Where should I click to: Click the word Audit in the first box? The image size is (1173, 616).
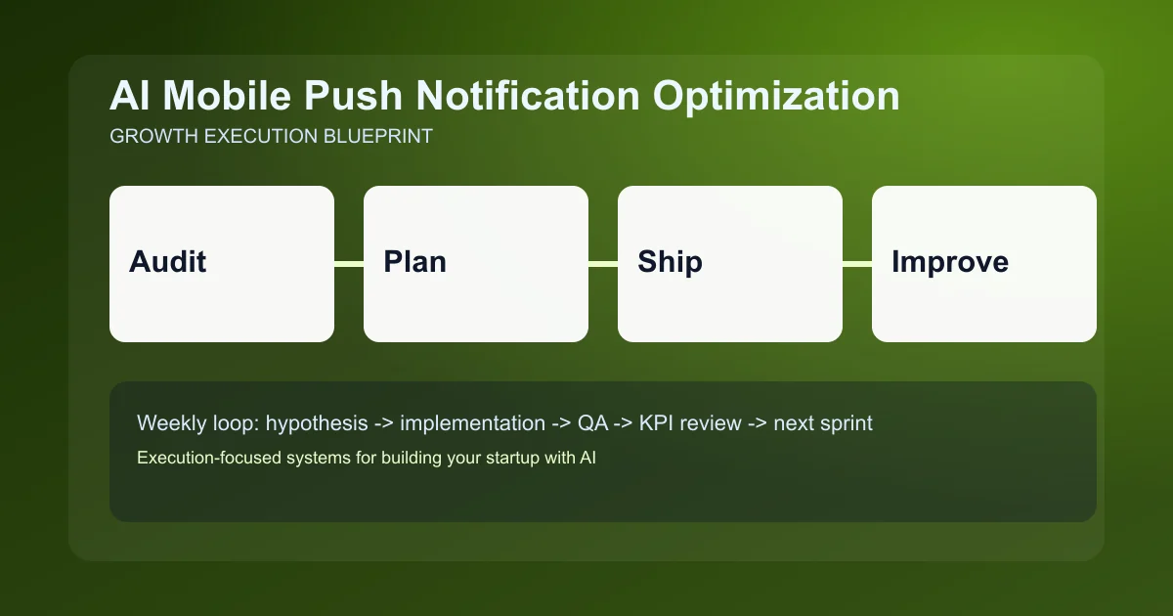tap(168, 262)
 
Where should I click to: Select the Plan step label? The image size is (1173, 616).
tap(414, 262)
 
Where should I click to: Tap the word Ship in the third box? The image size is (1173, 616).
tap(670, 262)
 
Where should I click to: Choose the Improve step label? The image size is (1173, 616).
tap(949, 262)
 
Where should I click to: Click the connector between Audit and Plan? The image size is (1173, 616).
tap(349, 264)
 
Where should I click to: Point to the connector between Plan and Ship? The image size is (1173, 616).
tap(603, 264)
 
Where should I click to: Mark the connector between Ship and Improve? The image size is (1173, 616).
tap(857, 264)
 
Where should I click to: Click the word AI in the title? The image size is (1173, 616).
tap(130, 97)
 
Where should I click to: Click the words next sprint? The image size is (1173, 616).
tap(822, 423)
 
